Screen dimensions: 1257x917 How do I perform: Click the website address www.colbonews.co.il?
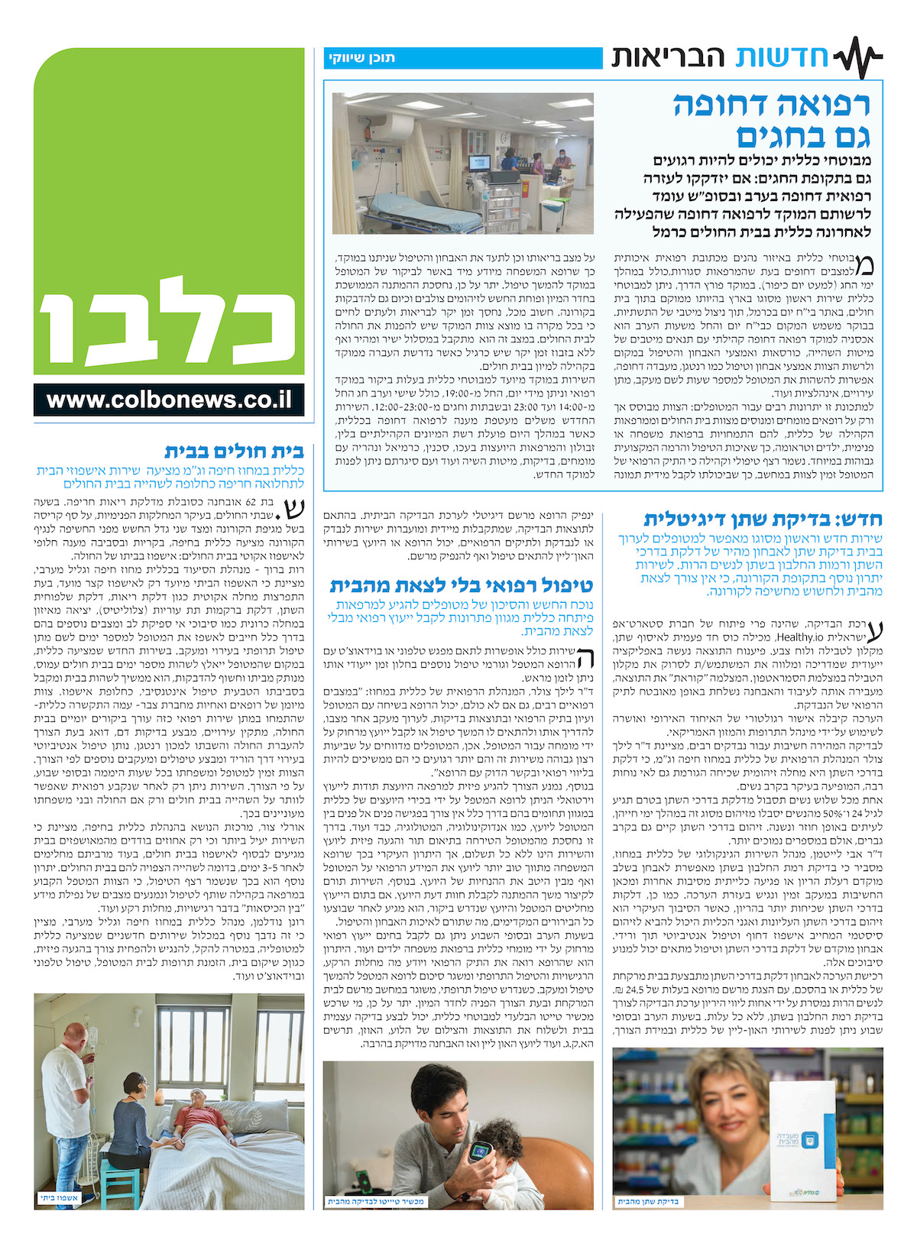tap(169, 400)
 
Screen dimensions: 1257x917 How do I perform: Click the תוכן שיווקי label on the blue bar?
tap(361, 58)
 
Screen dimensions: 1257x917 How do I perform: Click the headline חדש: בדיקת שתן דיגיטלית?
tap(763, 520)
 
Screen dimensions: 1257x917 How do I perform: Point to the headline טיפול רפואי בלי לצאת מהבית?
tap(461, 586)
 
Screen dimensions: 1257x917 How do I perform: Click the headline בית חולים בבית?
tap(235, 451)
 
